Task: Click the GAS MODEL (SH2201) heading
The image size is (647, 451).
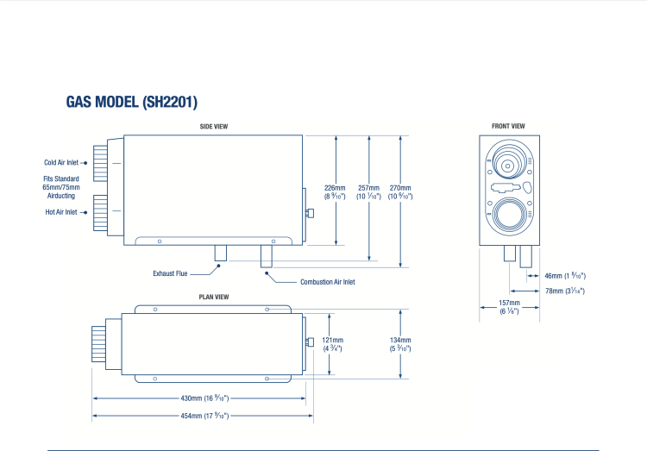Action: pos(132,102)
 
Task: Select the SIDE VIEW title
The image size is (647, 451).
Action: pos(213,127)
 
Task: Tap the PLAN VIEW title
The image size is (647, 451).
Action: pos(213,298)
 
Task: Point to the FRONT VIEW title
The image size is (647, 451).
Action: pos(508,127)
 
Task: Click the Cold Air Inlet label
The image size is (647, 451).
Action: pos(61,162)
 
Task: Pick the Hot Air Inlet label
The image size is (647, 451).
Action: pos(61,212)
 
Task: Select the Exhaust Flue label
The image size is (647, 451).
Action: pos(170,273)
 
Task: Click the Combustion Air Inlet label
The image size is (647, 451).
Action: pos(327,282)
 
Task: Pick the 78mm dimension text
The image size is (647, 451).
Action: pos(565,291)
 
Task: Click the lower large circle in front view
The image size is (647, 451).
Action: pos(507,212)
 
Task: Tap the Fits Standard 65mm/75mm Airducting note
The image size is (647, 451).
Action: pos(61,187)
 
